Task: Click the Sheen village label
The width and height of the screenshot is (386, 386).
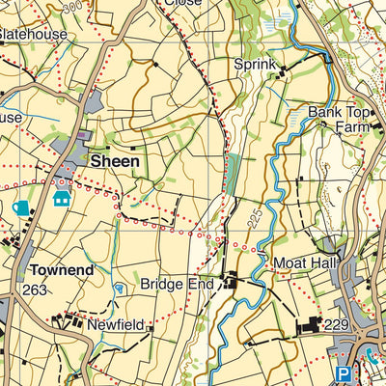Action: [115, 161]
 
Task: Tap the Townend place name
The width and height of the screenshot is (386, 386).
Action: [61, 271]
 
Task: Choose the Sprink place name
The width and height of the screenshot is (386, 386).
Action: [255, 65]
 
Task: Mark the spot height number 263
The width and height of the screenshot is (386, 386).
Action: [36, 289]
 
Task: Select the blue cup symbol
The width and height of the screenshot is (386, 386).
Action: [21, 207]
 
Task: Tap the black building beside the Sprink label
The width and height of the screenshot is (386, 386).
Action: [281, 68]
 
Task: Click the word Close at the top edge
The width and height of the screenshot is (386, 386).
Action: [182, 3]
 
